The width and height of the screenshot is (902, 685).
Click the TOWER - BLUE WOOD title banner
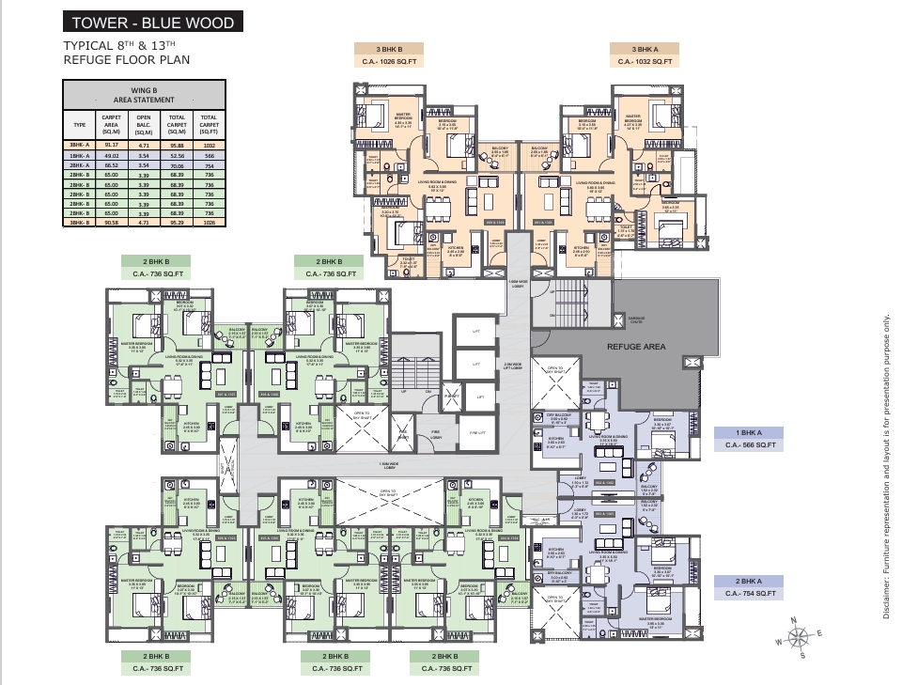pyautogui.click(x=153, y=22)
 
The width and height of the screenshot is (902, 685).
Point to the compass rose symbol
pyautogui.click(x=800, y=638)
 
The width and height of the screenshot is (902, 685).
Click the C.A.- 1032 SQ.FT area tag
pyautogui.click(x=645, y=62)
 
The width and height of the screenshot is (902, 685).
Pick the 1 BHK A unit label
pyautogui.click(x=749, y=432)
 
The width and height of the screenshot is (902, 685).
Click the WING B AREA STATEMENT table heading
pyautogui.click(x=144, y=93)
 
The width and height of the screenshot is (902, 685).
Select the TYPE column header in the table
pyautogui.click(x=79, y=123)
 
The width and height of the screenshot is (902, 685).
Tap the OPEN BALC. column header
pyautogui.click(x=144, y=123)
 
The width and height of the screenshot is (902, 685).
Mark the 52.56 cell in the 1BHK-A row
pyautogui.click(x=177, y=155)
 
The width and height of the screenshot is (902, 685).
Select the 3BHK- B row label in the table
pyautogui.click(x=79, y=223)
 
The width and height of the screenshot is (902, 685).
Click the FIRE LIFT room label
pyautogui.click(x=476, y=432)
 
